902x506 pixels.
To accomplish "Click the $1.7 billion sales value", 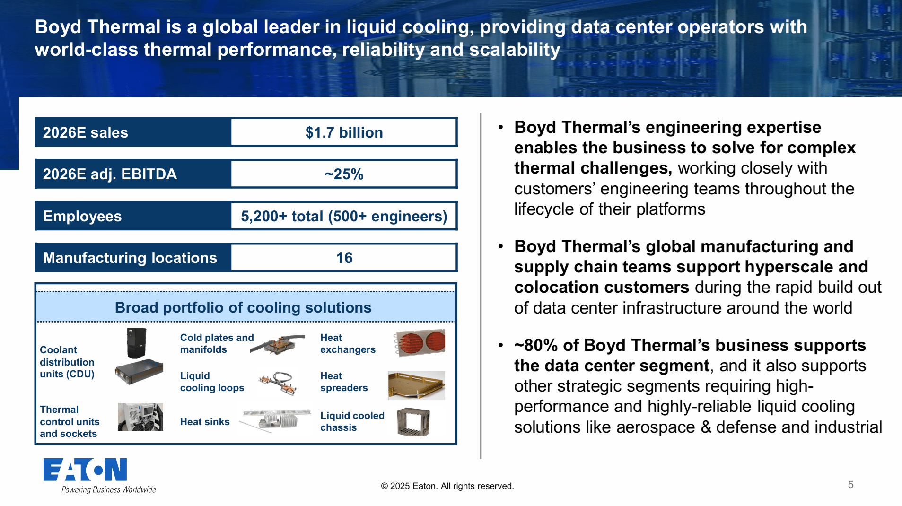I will pyautogui.click(x=344, y=132).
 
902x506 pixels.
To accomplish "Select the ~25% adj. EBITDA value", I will pyautogui.click(x=344, y=174).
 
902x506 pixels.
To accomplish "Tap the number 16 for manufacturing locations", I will pyautogui.click(x=344, y=258).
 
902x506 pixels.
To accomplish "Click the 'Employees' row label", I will pyautogui.click(x=82, y=216).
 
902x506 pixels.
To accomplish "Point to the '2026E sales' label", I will pyautogui.click(x=85, y=132).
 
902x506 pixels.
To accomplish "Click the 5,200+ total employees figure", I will pyautogui.click(x=344, y=216).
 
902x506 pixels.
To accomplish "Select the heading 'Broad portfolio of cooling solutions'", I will pyautogui.click(x=243, y=307).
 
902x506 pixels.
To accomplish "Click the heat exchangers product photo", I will pyautogui.click(x=419, y=342).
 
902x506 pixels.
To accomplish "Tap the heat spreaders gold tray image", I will pyautogui.click(x=416, y=385).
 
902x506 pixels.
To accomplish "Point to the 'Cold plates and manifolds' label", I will pyautogui.click(x=217, y=343).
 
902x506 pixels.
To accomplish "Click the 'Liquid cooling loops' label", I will pyautogui.click(x=212, y=382).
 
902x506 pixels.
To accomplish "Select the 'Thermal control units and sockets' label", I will pyautogui.click(x=70, y=421).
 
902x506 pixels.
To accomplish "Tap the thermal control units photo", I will pyautogui.click(x=140, y=417).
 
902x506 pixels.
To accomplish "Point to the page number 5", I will pyautogui.click(x=850, y=484).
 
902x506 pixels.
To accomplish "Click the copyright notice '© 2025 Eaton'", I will pyautogui.click(x=447, y=486).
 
